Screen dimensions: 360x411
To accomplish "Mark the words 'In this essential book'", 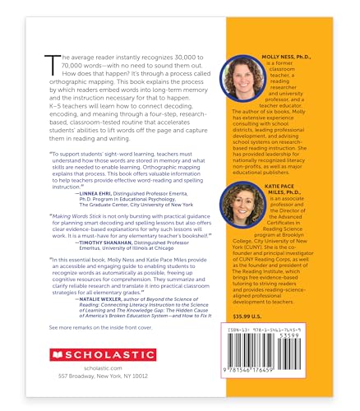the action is (x=88, y=261).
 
